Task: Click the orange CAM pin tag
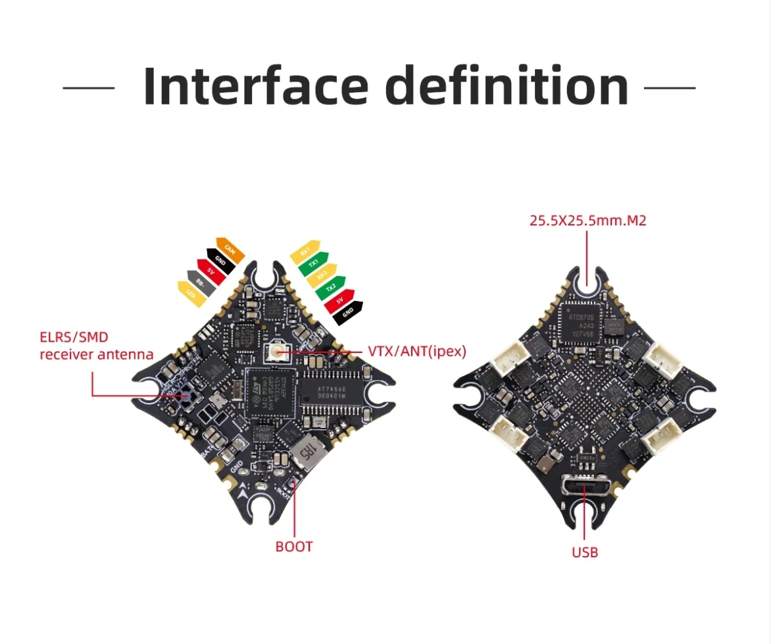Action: coord(230,249)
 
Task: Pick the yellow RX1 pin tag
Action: coord(305,251)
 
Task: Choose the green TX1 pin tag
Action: coord(314,263)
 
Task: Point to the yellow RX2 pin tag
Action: coord(322,275)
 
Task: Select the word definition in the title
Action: coord(507,86)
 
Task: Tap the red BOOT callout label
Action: coord(294,546)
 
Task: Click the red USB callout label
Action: coord(585,552)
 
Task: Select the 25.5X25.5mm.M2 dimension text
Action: coord(588,220)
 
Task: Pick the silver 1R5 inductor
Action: coord(307,453)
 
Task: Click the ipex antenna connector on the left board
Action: coord(275,353)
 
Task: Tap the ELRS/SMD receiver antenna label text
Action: coord(96,346)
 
